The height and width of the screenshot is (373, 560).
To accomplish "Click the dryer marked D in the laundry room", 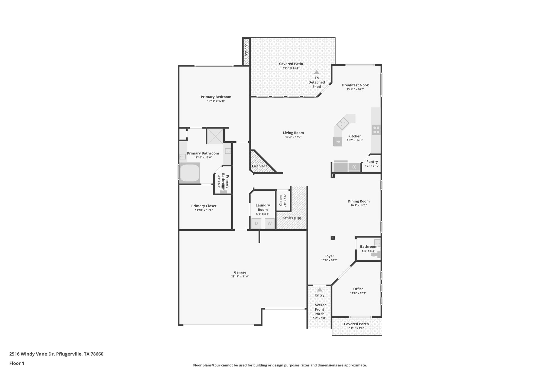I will [x=256, y=224].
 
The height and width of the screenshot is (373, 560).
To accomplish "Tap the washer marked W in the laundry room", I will [x=269, y=224].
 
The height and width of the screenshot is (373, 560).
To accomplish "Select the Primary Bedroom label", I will [x=216, y=97].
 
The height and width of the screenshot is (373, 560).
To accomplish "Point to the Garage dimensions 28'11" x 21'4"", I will [x=240, y=277].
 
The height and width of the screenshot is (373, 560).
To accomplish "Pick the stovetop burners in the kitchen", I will [x=376, y=130].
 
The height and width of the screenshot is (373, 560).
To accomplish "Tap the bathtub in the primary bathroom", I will [x=189, y=173].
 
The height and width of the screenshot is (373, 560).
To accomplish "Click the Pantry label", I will [x=372, y=161].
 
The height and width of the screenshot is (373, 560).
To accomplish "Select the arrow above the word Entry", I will [x=319, y=290].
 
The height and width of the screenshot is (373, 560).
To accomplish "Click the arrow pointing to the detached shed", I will [x=317, y=72].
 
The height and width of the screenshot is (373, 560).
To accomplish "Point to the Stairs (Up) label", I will [x=292, y=218].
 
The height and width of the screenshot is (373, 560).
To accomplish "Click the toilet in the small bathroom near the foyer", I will [x=375, y=255].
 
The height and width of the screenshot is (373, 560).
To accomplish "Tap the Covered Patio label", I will [x=291, y=64].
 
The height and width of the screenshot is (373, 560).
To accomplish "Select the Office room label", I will [x=358, y=289].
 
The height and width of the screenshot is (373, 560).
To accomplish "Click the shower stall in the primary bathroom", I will [x=215, y=136].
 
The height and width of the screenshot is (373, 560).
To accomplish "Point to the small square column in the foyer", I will [x=332, y=238].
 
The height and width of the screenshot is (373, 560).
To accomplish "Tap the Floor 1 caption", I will [x=17, y=363].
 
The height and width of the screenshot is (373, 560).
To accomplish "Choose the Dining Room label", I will [x=358, y=201].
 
